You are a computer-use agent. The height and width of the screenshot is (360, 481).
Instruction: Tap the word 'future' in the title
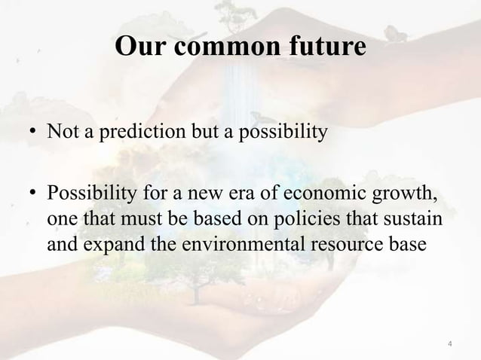tap(321, 47)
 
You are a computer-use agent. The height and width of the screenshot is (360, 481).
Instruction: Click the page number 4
tap(450, 345)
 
